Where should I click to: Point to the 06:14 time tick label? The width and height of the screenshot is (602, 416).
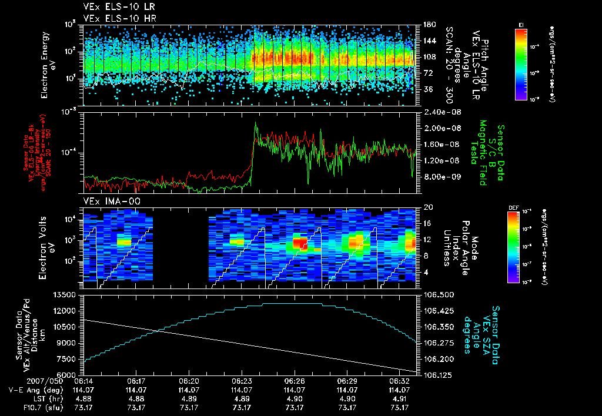tap(83, 381)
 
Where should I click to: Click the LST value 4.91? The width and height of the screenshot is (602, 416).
tap(400, 398)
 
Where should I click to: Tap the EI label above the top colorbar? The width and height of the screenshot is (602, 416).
tap(521, 24)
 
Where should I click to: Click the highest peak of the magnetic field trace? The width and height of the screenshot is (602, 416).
tap(256, 123)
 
